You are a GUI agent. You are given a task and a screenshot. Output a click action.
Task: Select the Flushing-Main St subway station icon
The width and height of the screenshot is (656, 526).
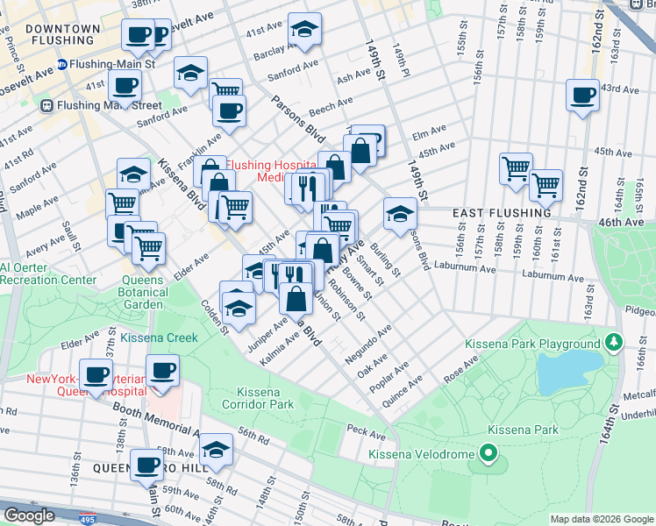[x=62, y=64]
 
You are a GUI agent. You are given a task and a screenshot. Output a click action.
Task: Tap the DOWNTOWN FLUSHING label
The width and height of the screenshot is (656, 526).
[x=62, y=34]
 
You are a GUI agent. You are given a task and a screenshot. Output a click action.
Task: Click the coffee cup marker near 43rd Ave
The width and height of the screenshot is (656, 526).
[x=582, y=95]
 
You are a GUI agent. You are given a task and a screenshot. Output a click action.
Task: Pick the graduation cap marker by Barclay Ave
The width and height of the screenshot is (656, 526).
[x=305, y=31]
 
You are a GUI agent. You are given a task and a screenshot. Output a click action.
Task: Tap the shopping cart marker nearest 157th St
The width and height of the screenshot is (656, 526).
[x=517, y=167]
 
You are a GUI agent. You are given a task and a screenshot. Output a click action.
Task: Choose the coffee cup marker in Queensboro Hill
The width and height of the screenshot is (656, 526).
[x=146, y=465]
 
